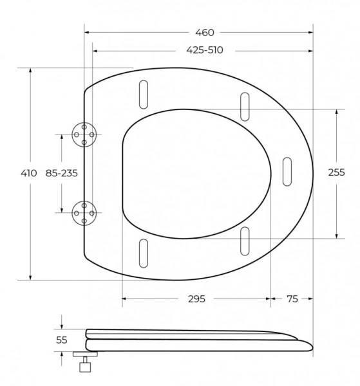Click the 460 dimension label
(205, 33)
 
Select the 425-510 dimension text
(205, 50)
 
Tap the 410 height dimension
(29, 173)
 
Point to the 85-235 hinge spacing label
(62, 173)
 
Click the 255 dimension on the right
(336, 172)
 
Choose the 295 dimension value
(196, 299)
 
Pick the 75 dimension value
(292, 299)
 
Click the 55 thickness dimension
(62, 340)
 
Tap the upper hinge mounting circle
(84, 134)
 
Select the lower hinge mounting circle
(84, 213)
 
